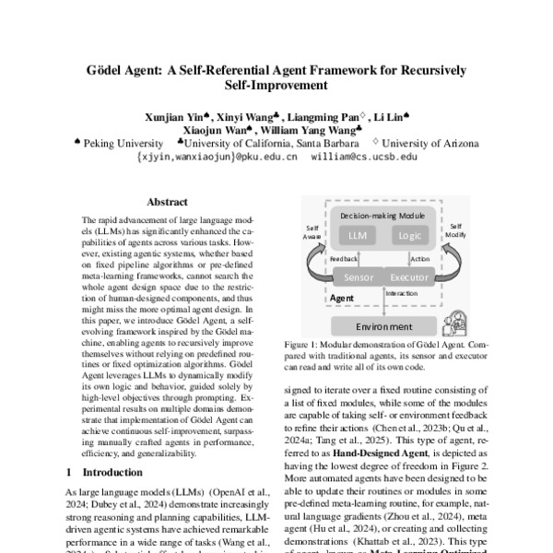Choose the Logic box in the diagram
click(x=408, y=235)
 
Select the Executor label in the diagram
click(x=409, y=276)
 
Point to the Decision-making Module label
click(x=382, y=214)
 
